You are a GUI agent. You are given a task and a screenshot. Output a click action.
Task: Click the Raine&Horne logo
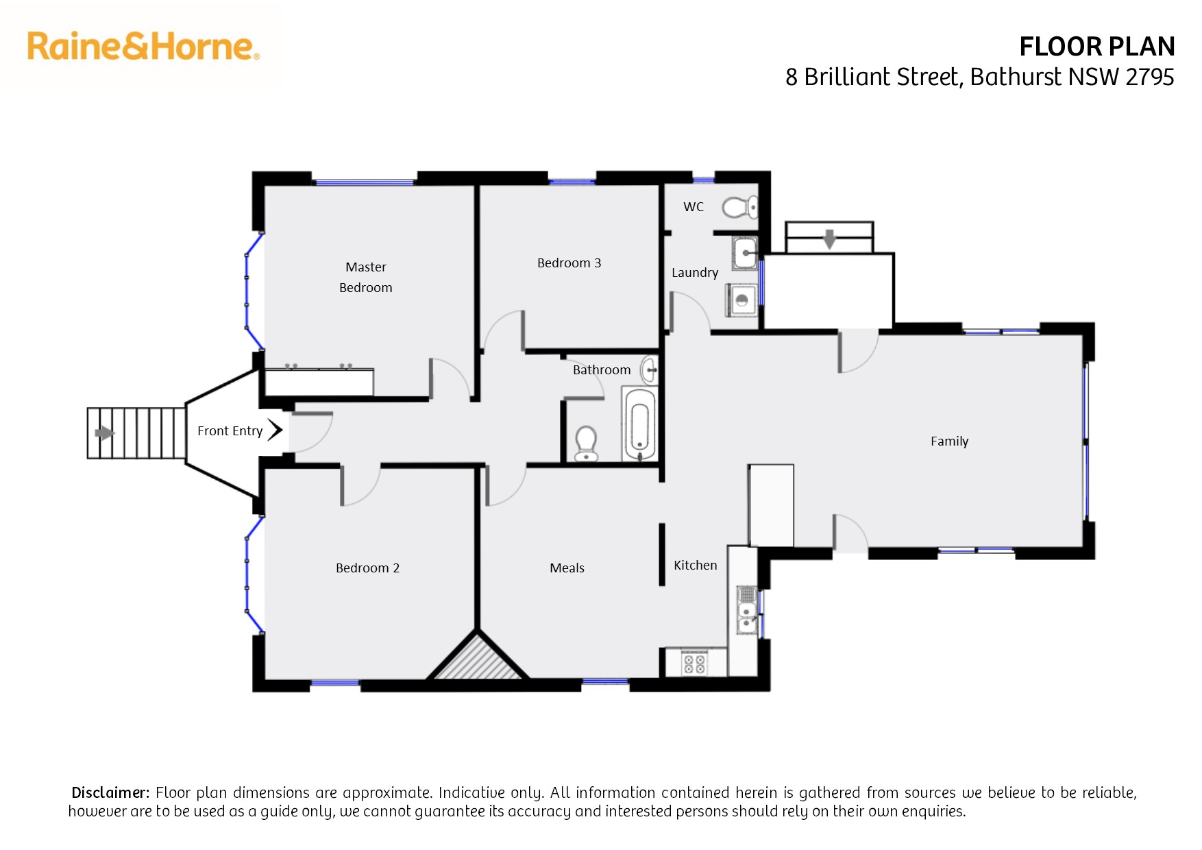tap(143, 47)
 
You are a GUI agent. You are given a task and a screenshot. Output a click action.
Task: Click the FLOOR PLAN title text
tap(1096, 47)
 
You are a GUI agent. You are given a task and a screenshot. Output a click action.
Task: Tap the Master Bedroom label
tap(366, 277)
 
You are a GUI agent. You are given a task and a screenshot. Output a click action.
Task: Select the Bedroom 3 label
tap(569, 263)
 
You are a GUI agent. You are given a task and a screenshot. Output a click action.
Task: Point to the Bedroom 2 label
tap(367, 568)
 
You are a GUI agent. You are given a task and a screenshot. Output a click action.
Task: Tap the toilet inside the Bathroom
tap(586, 444)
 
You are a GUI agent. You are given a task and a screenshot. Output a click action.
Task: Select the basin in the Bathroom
tap(649, 370)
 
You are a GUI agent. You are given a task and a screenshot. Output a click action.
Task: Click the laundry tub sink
tap(745, 253)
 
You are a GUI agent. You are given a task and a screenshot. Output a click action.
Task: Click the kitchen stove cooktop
tap(694, 664)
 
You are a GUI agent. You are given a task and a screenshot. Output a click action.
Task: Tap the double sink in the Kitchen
tap(747, 610)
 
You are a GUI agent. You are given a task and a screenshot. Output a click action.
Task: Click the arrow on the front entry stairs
tap(104, 433)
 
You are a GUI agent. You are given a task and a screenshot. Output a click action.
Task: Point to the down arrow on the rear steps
tap(830, 239)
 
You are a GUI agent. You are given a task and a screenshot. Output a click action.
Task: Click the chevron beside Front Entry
tap(275, 430)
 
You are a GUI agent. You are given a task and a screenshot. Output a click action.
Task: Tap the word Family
tap(949, 441)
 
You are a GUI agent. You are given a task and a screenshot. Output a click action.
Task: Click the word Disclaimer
tap(110, 792)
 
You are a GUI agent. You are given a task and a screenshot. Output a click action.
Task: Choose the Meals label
tap(567, 568)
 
